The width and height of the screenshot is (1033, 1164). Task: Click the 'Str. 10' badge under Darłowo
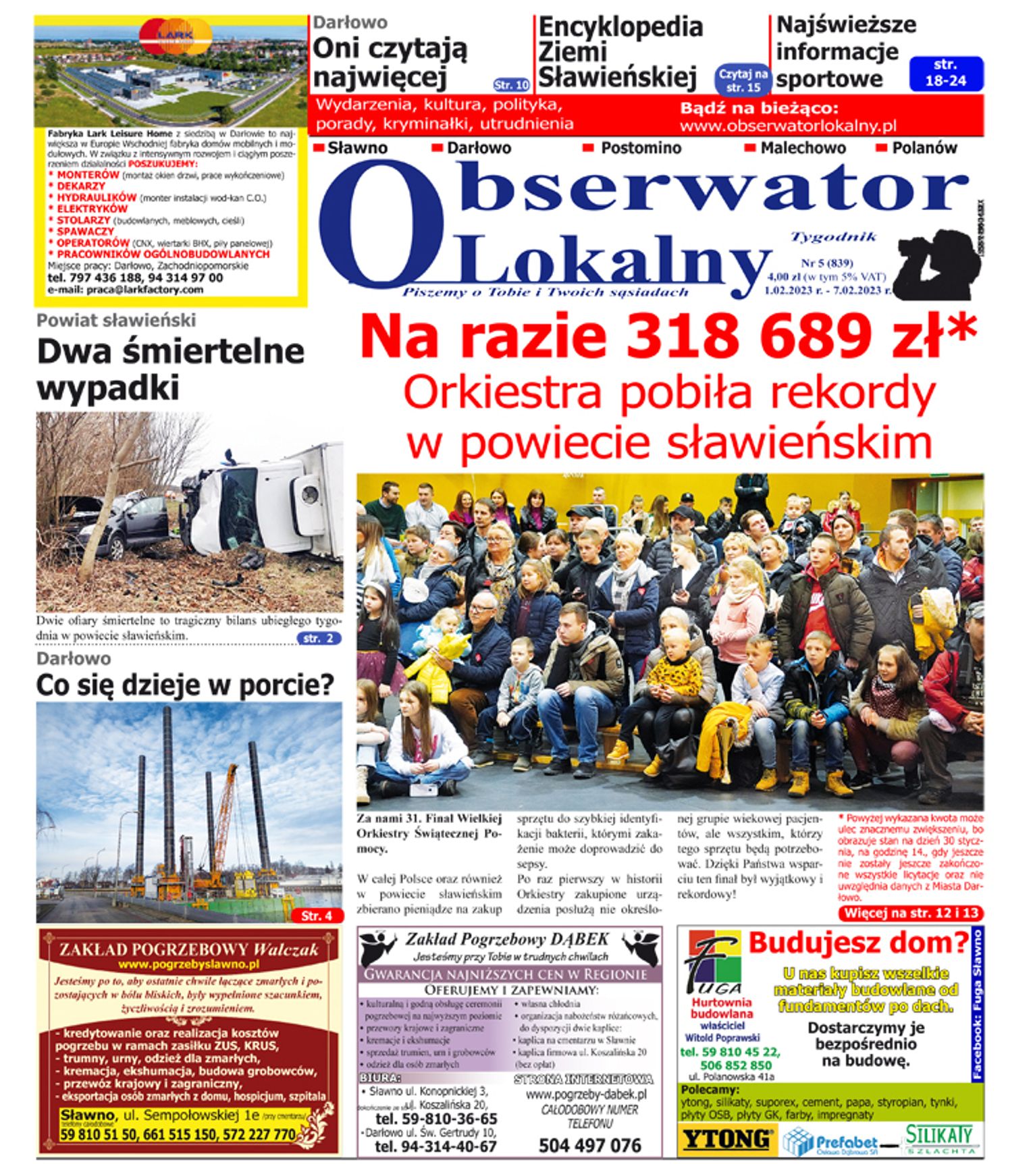[511, 85]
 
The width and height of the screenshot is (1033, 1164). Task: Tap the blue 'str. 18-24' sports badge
[945, 73]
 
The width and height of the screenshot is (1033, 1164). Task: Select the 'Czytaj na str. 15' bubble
[743, 80]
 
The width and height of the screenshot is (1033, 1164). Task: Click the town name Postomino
[641, 148]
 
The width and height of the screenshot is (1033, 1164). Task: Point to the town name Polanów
[924, 148]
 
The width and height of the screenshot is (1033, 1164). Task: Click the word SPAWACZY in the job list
[85, 232]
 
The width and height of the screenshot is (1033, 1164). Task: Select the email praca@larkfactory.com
[144, 290]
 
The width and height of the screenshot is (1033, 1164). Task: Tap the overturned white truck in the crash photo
[263, 500]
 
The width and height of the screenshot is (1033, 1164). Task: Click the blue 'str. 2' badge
[319, 638]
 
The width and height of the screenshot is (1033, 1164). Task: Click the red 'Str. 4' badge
[316, 916]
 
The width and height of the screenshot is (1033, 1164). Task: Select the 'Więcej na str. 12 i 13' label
[910, 914]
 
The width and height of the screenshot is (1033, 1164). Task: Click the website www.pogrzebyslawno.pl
[188, 965]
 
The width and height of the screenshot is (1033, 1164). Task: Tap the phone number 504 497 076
[589, 1145]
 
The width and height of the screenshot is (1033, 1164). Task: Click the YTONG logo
[726, 1140]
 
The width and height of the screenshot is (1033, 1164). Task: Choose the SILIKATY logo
[938, 1136]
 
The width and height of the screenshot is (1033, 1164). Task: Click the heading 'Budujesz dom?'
[857, 943]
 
